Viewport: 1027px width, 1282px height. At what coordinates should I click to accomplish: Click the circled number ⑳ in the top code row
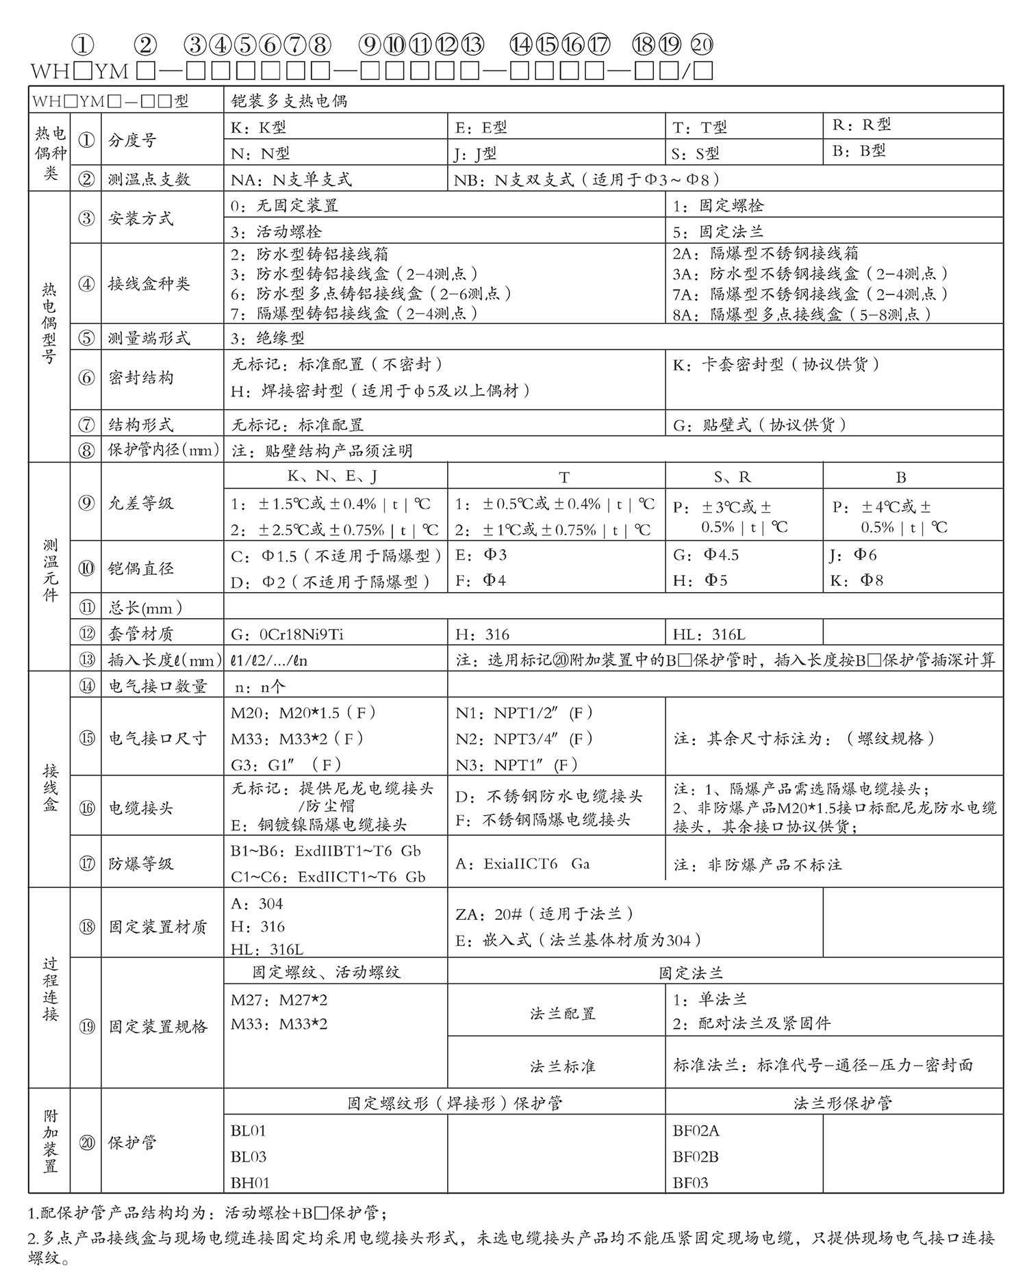702,45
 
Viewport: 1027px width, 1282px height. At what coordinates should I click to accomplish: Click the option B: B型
859,151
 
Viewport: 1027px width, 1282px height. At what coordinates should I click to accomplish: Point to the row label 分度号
132,140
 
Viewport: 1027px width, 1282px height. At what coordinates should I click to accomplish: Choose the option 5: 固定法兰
718,231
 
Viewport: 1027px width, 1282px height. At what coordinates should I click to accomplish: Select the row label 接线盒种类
149,283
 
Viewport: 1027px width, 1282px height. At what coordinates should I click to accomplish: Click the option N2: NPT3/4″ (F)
524,739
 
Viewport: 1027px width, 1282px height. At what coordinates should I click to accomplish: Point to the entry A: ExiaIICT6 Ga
522,864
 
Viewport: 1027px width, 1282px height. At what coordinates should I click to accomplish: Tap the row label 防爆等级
141,864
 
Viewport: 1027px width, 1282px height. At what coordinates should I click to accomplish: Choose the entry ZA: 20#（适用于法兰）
544,914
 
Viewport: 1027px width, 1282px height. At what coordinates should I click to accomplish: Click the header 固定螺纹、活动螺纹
326,972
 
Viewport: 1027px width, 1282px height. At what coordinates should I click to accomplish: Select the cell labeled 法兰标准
562,1066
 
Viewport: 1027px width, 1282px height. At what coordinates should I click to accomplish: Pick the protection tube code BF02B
696,1157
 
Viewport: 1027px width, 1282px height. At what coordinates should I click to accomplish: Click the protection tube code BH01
250,1183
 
